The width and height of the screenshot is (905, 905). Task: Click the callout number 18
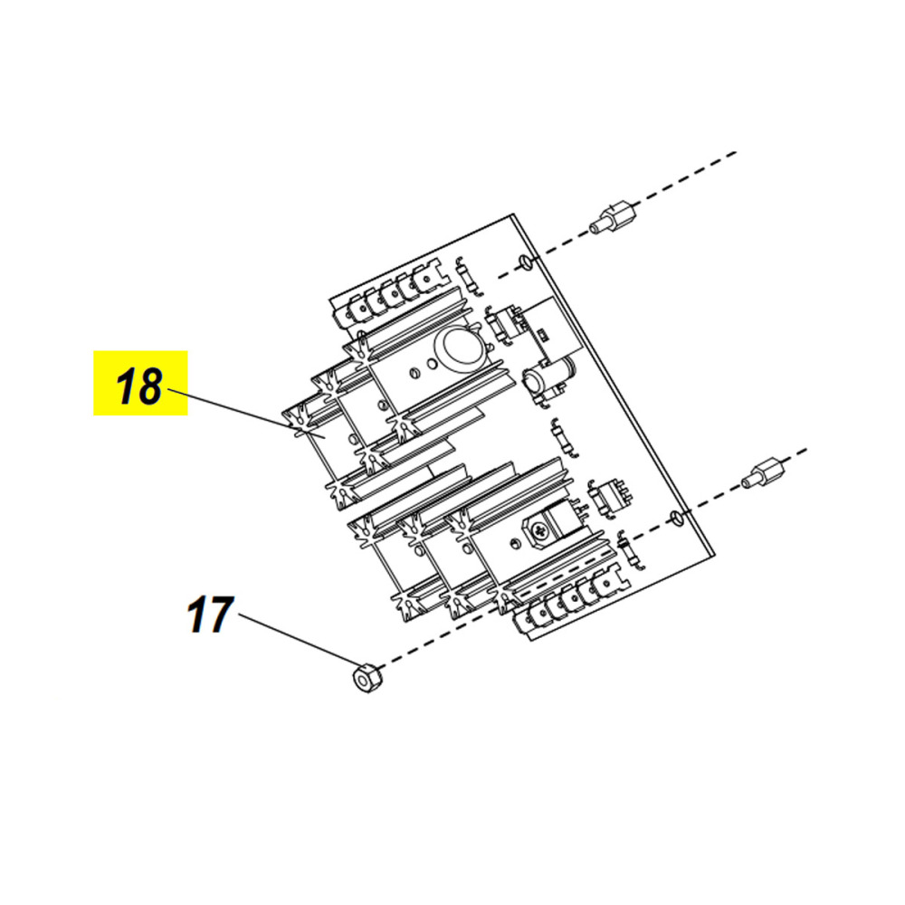click(139, 387)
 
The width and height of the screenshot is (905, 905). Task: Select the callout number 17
click(210, 615)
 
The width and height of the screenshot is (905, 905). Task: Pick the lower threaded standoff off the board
click(763, 472)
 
